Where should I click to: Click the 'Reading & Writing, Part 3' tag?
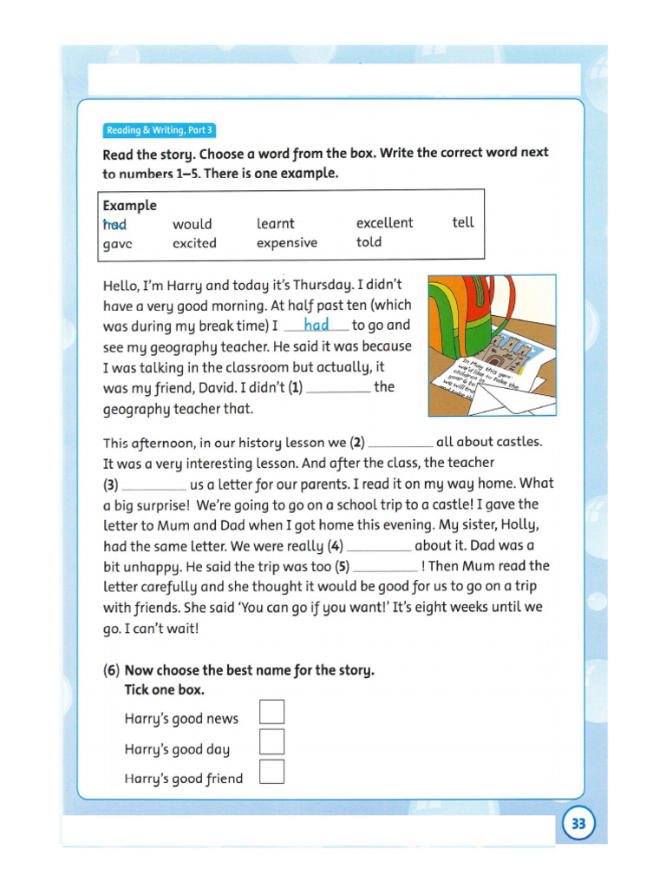pyautogui.click(x=159, y=131)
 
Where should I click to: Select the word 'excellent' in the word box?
pyautogui.click(x=384, y=223)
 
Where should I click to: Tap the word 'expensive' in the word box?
pyautogui.click(x=287, y=243)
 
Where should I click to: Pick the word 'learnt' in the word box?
pyautogui.click(x=275, y=223)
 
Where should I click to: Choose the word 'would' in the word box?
pyautogui.click(x=192, y=224)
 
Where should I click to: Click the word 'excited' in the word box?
pyautogui.click(x=194, y=244)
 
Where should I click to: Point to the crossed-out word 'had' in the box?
pyautogui.click(x=114, y=224)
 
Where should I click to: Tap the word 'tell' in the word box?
pyautogui.click(x=463, y=222)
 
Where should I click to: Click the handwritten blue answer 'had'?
pyautogui.click(x=317, y=325)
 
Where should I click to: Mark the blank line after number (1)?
pyautogui.click(x=338, y=392)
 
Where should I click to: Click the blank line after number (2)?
pyautogui.click(x=400, y=446)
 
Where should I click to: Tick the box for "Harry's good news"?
pyautogui.click(x=272, y=711)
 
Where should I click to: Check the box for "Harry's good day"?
pyautogui.click(x=272, y=741)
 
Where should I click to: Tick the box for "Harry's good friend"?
pyautogui.click(x=272, y=772)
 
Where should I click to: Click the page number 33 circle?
pyautogui.click(x=579, y=824)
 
